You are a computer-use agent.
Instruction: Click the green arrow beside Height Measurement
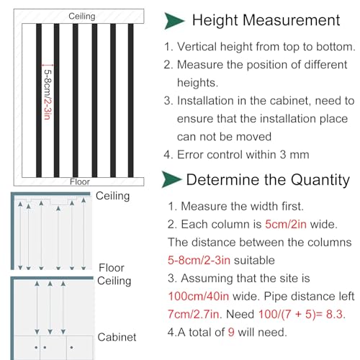click(x=174, y=21)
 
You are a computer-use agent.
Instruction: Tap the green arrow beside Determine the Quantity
click(x=171, y=179)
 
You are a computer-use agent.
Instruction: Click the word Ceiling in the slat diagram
click(x=82, y=16)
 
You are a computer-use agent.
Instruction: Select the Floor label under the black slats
click(x=80, y=181)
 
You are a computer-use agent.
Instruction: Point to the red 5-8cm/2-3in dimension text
click(x=48, y=94)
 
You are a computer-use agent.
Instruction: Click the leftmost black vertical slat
click(x=39, y=100)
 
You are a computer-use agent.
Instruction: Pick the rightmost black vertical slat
click(x=130, y=100)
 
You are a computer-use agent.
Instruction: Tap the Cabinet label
click(x=117, y=337)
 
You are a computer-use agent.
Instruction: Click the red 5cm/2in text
click(x=286, y=224)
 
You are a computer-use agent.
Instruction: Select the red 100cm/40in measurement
click(x=199, y=296)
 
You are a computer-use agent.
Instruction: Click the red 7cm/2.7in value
click(x=194, y=314)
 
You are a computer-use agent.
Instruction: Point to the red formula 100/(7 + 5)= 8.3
click(x=302, y=314)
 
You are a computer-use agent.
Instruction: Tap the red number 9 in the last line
click(x=231, y=332)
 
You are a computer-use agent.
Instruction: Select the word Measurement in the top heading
click(x=292, y=20)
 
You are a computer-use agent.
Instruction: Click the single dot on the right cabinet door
click(x=71, y=347)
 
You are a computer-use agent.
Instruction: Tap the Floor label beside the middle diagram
click(x=112, y=268)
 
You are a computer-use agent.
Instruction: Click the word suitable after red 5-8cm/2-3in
click(x=254, y=260)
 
